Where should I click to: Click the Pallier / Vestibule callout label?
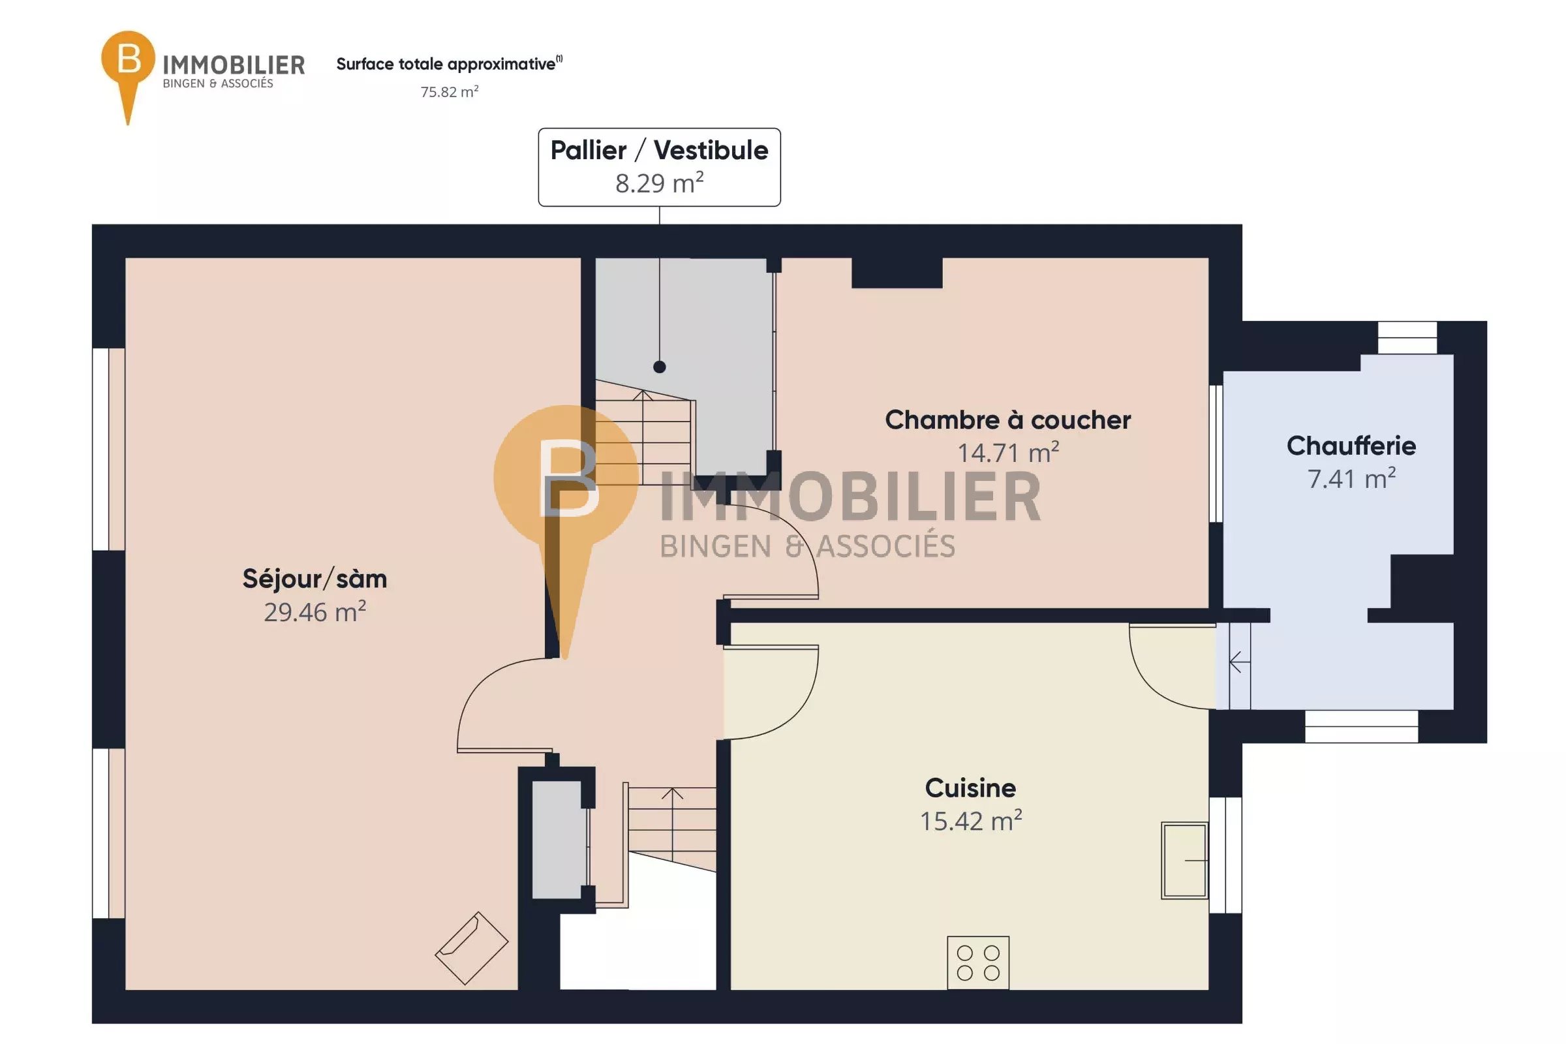tap(659, 151)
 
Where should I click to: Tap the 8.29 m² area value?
tap(659, 183)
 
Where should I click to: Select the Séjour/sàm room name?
tap(315, 579)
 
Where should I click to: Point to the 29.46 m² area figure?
tap(315, 611)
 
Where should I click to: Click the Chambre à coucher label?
tap(1007, 420)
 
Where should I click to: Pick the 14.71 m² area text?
tap(1007, 452)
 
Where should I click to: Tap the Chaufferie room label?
tap(1351, 446)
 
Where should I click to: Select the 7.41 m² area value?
tap(1351, 478)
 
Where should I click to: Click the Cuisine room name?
tap(970, 788)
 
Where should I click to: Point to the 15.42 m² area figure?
tap(970, 820)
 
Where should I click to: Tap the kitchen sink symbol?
tap(1184, 860)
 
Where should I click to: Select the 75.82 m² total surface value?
tap(450, 91)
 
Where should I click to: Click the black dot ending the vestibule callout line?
tap(659, 367)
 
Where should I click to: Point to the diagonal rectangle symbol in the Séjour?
tap(471, 948)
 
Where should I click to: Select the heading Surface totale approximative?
tap(447, 64)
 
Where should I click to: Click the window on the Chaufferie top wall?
tap(1407, 337)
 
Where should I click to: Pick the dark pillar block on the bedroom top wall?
tap(897, 273)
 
